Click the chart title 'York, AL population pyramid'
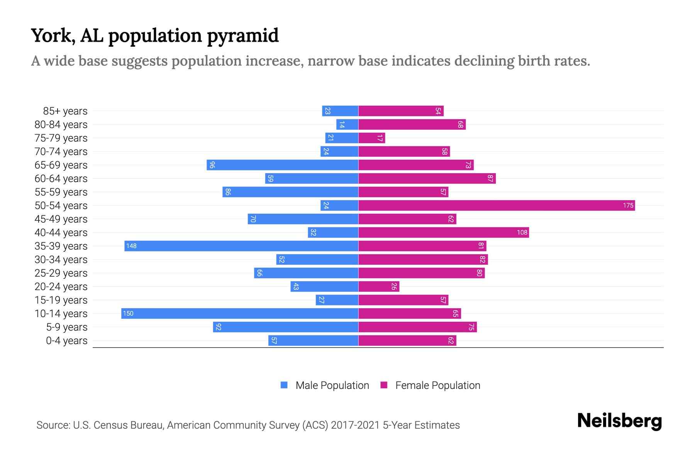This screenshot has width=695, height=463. [154, 35]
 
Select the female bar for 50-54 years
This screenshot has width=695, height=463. [497, 206]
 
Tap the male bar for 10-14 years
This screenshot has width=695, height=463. [240, 314]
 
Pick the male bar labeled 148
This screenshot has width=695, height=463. [241, 246]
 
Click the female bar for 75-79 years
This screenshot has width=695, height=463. [371, 138]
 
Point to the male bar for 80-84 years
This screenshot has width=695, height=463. [347, 125]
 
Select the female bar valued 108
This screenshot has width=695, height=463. [443, 233]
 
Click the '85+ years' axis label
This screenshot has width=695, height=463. [65, 111]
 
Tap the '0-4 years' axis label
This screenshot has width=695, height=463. [66, 341]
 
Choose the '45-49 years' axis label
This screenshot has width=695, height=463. [61, 219]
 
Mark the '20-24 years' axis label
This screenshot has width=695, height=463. [61, 287]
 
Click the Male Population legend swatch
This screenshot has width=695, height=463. [284, 385]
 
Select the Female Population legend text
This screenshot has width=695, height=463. [437, 385]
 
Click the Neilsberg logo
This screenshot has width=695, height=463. [619, 421]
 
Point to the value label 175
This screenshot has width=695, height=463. [628, 206]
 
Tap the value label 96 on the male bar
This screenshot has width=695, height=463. [212, 165]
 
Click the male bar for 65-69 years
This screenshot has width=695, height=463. [282, 165]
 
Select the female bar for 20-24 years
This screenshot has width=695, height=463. [378, 287]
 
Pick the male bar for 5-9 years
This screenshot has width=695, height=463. [286, 327]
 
